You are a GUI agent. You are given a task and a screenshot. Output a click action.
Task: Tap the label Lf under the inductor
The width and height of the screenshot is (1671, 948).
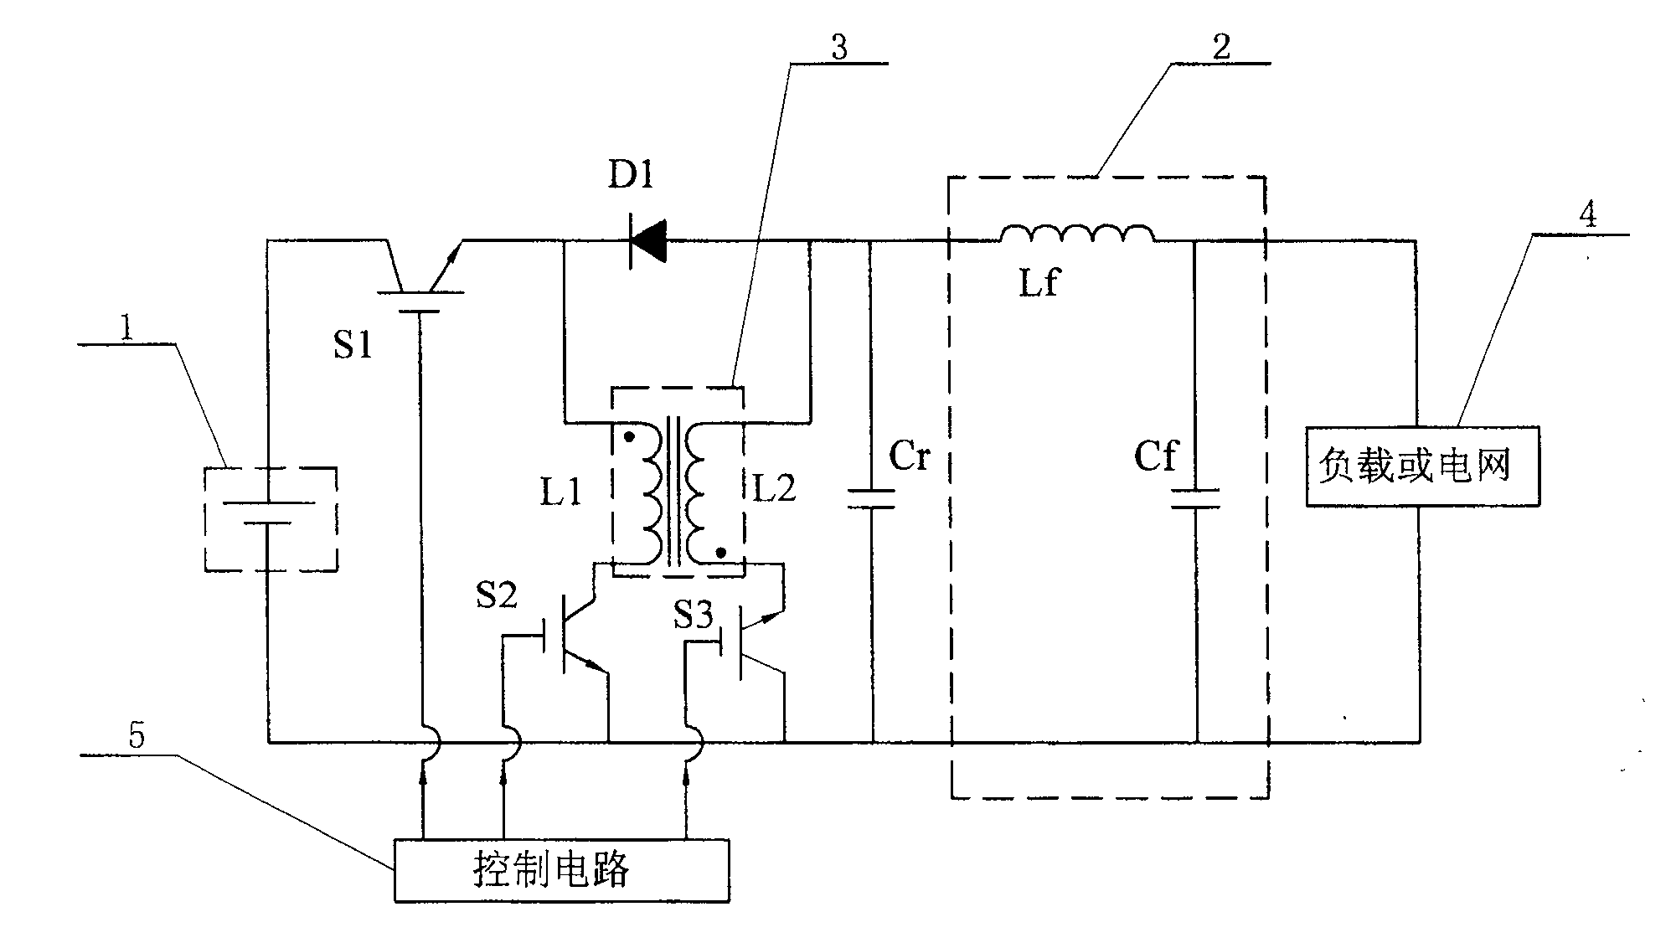point(1039,283)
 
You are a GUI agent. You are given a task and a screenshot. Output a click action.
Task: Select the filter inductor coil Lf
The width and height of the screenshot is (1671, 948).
point(1076,235)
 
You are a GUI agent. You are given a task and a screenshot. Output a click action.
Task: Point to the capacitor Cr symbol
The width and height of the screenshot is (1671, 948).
point(872,499)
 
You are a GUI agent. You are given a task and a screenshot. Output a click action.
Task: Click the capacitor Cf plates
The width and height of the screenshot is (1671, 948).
point(1195,499)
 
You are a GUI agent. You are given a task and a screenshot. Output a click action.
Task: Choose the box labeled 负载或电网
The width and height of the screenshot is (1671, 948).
point(1421,466)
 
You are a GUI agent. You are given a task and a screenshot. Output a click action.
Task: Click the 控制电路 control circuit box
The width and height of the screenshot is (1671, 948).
point(561,871)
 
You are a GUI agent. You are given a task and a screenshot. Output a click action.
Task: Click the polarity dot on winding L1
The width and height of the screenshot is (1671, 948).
point(628,437)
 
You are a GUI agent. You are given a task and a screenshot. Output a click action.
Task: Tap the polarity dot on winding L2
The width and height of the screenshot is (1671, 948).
point(719,554)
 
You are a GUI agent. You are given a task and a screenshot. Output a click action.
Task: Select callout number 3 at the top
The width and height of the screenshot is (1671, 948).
point(839,47)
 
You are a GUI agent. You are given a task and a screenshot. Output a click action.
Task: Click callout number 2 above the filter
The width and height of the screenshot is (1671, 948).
point(1221,47)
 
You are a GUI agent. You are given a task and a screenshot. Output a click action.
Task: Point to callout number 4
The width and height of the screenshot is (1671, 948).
point(1587,216)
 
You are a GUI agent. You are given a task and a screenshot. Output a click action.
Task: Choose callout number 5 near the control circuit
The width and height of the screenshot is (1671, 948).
point(137,735)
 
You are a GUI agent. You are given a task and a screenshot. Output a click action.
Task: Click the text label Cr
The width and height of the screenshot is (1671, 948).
point(910,457)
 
